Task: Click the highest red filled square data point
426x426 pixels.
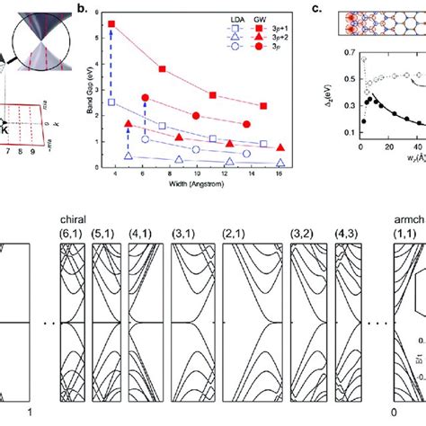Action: (111, 23)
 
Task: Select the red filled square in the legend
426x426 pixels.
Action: (250, 29)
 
